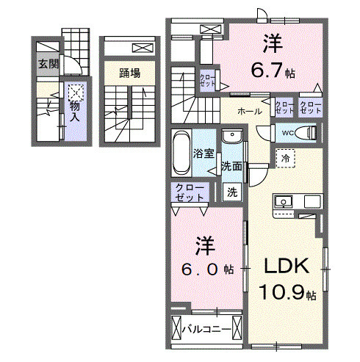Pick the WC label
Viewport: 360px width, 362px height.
coord(288,133)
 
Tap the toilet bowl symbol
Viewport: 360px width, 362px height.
coord(310,133)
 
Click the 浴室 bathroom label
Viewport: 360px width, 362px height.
coord(203,154)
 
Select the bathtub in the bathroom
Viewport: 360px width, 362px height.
coord(181,154)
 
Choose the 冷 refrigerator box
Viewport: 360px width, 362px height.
coord(284,157)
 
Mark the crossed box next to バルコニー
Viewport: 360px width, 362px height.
coord(176,327)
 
